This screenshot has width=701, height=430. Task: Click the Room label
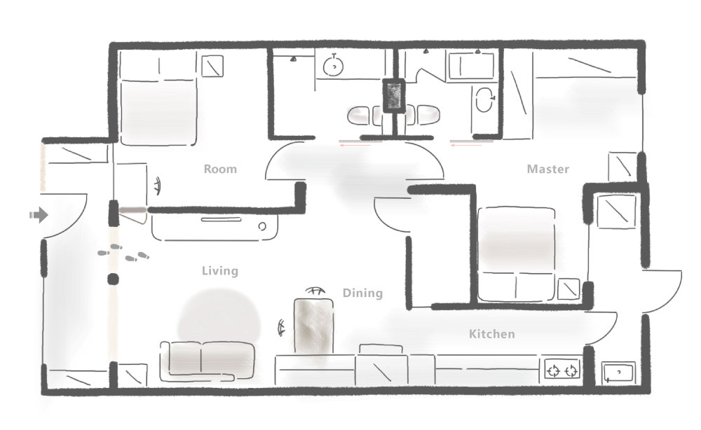point(220,169)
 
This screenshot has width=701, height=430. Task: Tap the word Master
point(547,169)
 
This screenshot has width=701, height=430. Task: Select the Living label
point(219,270)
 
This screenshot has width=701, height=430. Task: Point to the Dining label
point(362,293)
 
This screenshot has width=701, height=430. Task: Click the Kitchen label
point(492,333)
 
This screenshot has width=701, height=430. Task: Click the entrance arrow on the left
point(39,215)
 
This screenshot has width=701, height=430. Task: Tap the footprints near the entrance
point(123,253)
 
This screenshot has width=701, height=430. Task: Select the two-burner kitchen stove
point(562,370)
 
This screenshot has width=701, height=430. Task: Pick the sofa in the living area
point(207,361)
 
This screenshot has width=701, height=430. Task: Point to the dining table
point(313,326)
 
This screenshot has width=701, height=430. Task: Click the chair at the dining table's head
point(315,291)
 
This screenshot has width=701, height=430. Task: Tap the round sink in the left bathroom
point(333,65)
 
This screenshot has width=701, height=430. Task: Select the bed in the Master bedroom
point(517,254)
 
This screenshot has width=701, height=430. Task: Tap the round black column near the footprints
point(113,279)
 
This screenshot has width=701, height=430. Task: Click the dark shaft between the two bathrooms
point(393,96)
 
